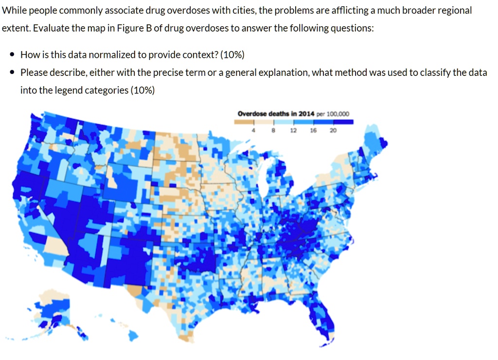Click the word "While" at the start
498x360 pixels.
tap(14, 11)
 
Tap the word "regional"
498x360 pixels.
tap(453, 11)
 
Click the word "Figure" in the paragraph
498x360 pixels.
tap(125, 28)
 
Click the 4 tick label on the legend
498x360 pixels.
tap(254, 130)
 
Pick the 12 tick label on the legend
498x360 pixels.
tap(293, 130)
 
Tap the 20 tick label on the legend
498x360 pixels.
tap(332, 130)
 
